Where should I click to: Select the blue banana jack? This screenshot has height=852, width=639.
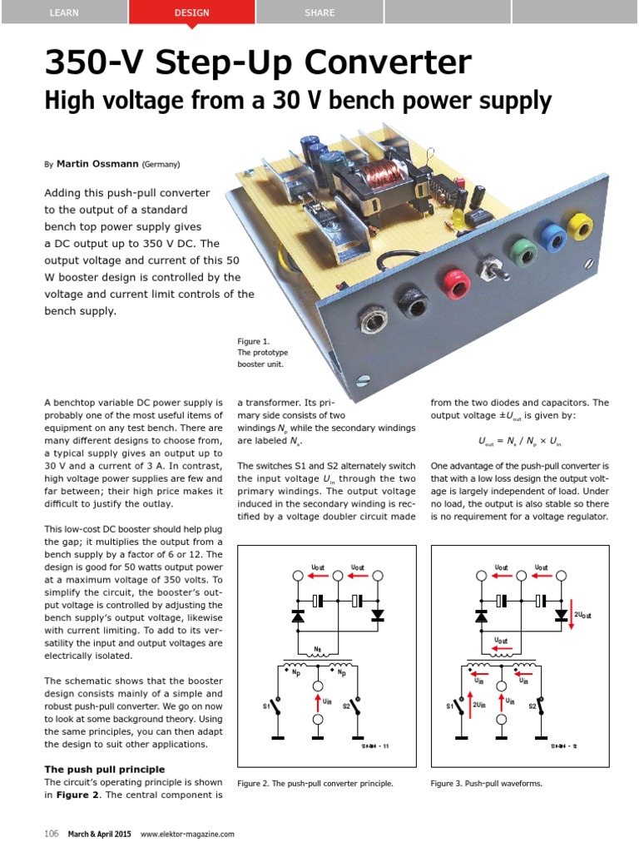click(x=551, y=236)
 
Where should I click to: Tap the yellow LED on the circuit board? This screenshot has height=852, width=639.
click(x=458, y=218)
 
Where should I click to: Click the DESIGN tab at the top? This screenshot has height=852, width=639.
click(x=192, y=12)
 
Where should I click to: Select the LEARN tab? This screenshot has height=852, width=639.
click(x=64, y=12)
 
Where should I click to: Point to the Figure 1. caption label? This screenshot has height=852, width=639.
click(x=254, y=341)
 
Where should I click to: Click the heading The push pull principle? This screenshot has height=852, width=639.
click(x=104, y=769)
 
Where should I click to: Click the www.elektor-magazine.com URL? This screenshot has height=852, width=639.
click(x=187, y=834)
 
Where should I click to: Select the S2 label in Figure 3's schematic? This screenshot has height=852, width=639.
click(x=532, y=706)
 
